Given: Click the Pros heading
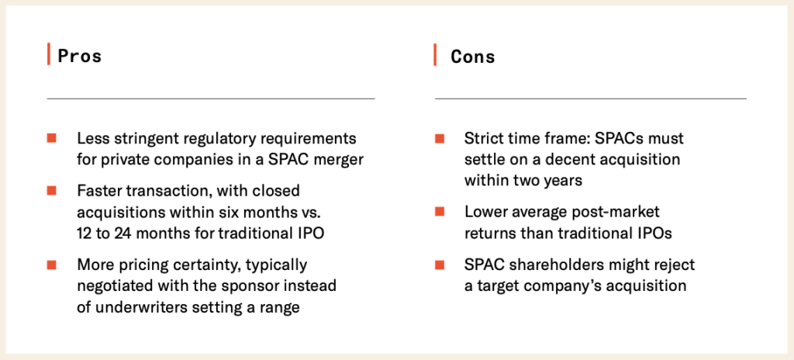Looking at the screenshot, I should click(x=80, y=56).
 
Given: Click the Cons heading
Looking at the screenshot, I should click(x=473, y=56).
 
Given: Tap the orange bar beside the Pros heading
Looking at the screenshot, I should click(x=48, y=56).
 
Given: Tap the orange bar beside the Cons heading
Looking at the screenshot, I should click(x=436, y=56).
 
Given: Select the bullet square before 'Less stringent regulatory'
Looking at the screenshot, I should click(x=51, y=138).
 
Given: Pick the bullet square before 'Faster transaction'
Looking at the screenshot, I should click(x=51, y=190).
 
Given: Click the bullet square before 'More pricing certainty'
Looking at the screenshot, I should click(x=51, y=265).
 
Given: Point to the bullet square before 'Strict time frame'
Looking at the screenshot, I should click(x=440, y=138).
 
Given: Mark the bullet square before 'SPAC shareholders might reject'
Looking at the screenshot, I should click(x=440, y=265).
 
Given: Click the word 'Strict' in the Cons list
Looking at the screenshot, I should click(x=483, y=138).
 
